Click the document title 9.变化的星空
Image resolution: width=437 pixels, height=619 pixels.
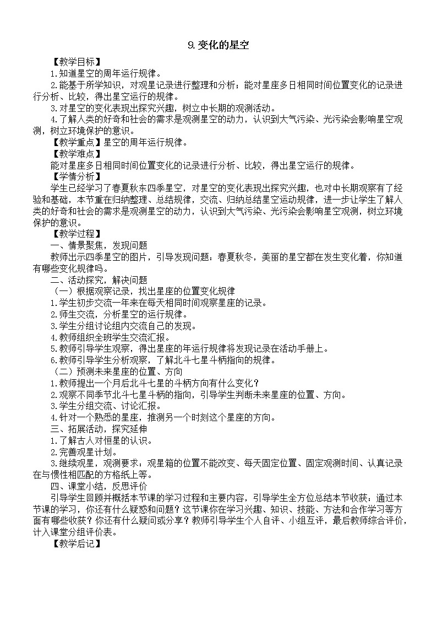(218, 46)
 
